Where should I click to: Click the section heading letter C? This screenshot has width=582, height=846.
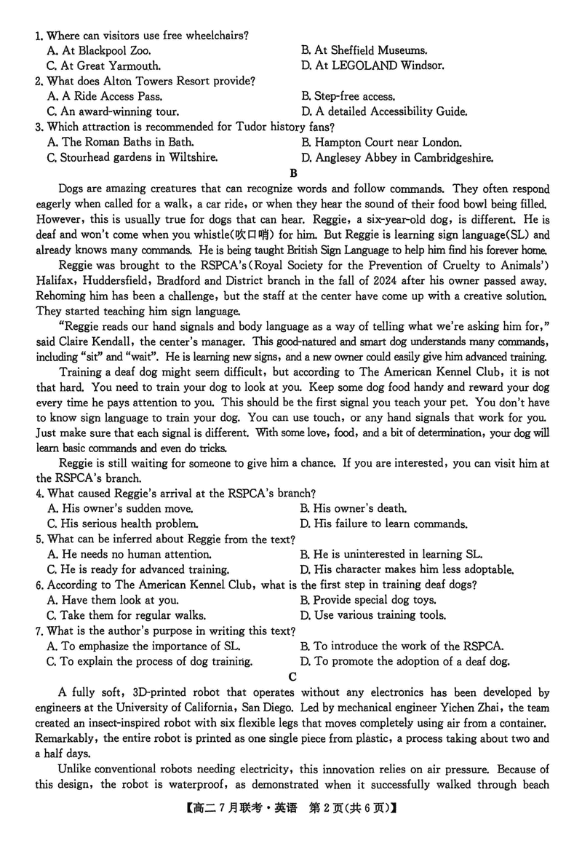pyautogui.click(x=292, y=676)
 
